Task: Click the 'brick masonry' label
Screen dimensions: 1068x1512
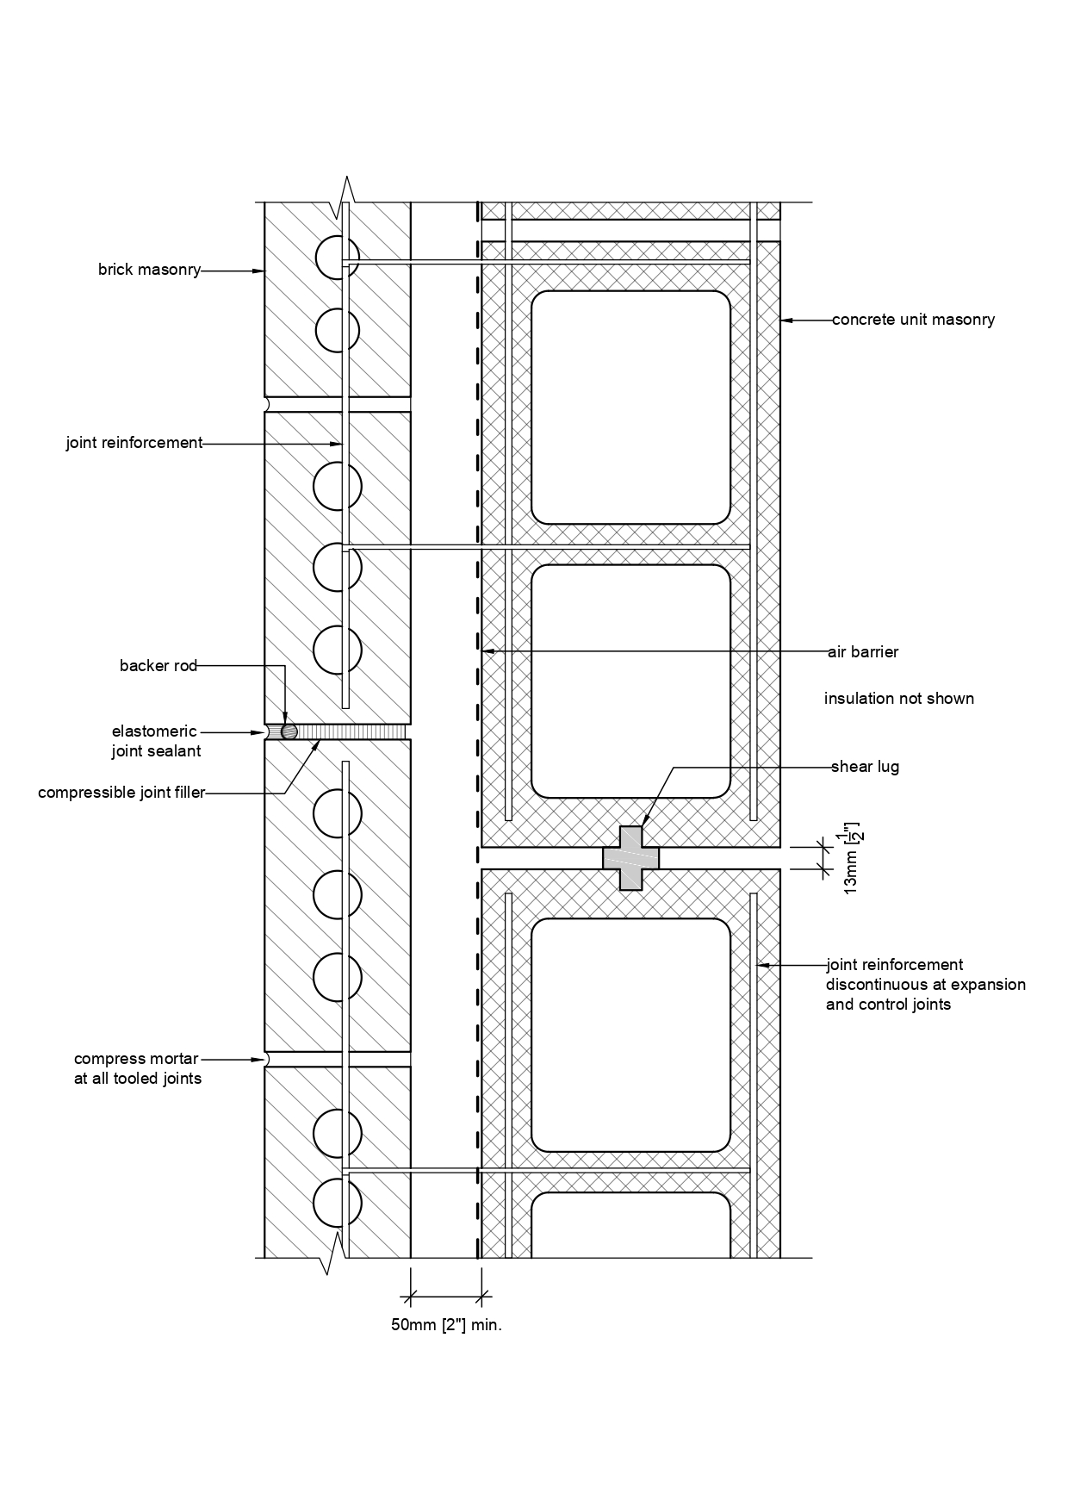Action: click(x=149, y=270)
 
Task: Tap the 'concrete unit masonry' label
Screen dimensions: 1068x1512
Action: click(x=913, y=320)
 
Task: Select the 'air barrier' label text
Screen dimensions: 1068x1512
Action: click(x=863, y=652)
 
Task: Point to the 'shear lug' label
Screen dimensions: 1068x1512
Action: click(x=865, y=767)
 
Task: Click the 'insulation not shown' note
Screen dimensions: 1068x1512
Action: click(x=899, y=698)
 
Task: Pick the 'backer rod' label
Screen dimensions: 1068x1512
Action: click(x=158, y=665)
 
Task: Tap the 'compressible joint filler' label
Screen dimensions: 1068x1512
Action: click(x=121, y=793)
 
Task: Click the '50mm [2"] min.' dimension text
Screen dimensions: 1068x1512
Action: click(x=446, y=1325)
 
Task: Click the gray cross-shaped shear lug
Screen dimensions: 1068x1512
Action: click(x=630, y=858)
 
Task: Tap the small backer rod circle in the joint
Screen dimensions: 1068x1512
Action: click(x=289, y=731)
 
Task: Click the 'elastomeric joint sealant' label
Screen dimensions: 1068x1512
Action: click(x=156, y=741)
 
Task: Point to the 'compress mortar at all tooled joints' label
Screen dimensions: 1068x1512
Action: click(x=138, y=1068)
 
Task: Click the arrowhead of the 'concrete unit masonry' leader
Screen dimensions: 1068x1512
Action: click(x=785, y=320)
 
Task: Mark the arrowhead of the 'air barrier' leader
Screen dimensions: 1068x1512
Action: click(x=487, y=652)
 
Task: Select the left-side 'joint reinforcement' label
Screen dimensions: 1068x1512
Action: click(x=134, y=443)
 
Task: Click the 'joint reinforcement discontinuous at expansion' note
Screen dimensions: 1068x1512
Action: click(x=926, y=984)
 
